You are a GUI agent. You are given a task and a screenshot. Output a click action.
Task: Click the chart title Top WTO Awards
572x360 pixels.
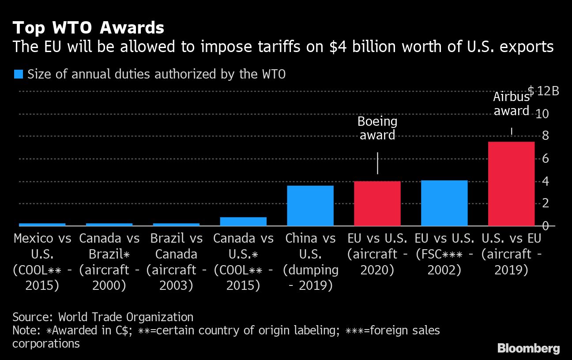coord(88,28)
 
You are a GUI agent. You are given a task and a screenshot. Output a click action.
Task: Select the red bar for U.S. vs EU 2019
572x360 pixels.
coord(511,184)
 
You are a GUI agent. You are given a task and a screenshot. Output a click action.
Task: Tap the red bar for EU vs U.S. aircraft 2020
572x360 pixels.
coord(377,203)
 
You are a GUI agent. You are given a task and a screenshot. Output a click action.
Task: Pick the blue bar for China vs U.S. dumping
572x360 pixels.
coord(310,206)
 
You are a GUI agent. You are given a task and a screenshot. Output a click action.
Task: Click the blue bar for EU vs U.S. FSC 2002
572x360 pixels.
coord(444,203)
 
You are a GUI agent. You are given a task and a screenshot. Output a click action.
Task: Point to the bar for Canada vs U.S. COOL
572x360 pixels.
coord(243,221)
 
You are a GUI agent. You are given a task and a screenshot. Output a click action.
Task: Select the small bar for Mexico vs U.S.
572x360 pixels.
coord(42,224)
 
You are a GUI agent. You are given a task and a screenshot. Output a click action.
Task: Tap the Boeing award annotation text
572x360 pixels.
coord(377,128)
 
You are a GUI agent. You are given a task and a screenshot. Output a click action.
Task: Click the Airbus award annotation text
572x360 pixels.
coord(511,104)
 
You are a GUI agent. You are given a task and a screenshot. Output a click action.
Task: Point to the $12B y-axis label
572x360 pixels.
coord(543,91)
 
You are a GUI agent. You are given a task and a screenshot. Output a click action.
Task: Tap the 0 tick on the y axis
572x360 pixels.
coord(545,226)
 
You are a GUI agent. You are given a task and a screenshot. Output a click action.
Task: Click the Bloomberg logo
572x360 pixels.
coord(528,348)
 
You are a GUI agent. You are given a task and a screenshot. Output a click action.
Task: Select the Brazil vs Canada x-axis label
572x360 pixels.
coord(176,262)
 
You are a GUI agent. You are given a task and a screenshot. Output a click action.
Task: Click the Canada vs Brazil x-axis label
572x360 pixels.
coord(109,262)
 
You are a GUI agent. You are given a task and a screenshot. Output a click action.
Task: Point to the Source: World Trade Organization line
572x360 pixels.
coord(103,317)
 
